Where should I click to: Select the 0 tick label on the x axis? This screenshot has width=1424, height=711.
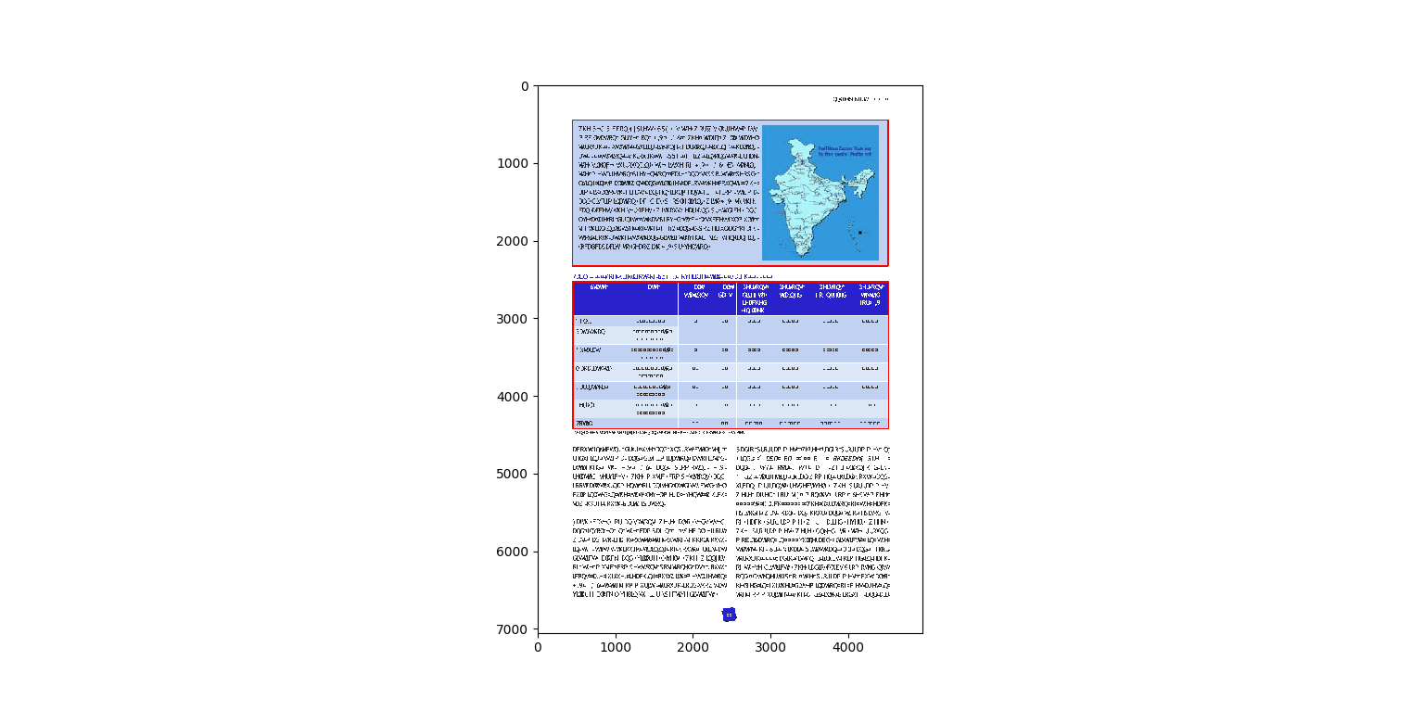538,647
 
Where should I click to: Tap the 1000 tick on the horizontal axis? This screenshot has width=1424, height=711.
616,647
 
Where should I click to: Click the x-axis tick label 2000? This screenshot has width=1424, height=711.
693,647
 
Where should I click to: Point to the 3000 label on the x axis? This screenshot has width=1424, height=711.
770,647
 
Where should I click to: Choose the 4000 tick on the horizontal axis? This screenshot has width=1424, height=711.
848,647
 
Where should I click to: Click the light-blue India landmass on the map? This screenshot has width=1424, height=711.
803,190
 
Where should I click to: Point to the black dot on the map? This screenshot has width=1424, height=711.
860,232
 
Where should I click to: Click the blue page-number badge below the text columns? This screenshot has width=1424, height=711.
730,615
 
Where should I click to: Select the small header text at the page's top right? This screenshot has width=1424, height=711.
859,98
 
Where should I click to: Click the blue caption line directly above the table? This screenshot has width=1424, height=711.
673,276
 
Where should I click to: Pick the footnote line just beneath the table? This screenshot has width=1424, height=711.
659,432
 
